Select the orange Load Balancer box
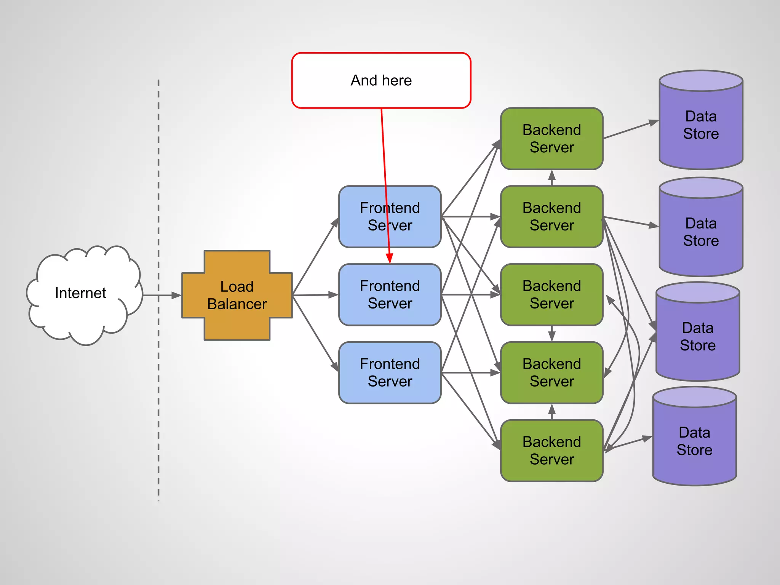pyautogui.click(x=237, y=295)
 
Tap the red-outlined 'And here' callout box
pyautogui.click(x=381, y=80)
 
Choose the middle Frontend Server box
pyautogui.click(x=390, y=295)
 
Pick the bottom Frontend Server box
pyautogui.click(x=390, y=372)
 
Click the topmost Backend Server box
pyautogui.click(x=551, y=139)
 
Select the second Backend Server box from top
pyautogui.click(x=551, y=217)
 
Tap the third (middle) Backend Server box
pyautogui.click(x=551, y=295)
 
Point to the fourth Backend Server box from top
pyautogui.click(x=551, y=372)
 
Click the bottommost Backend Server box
pyautogui.click(x=551, y=451)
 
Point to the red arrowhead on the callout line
pyautogui.click(x=389, y=259)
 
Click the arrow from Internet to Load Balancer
pyautogui.click(x=162, y=295)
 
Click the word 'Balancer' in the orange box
pyautogui.click(x=237, y=304)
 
